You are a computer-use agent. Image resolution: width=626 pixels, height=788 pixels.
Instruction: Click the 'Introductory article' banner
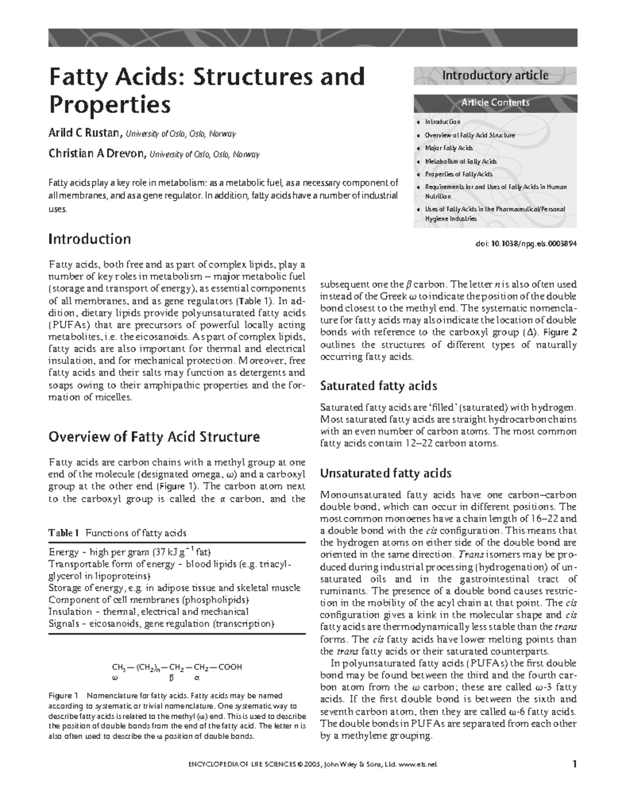click(x=495, y=76)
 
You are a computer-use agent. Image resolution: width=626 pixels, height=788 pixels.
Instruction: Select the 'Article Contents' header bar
click(x=495, y=103)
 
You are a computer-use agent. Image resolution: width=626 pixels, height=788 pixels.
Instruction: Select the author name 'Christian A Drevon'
click(x=98, y=153)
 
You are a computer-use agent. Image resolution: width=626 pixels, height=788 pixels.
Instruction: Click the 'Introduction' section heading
click(x=89, y=239)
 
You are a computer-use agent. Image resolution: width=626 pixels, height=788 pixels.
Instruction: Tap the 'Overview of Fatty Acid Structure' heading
click(x=154, y=437)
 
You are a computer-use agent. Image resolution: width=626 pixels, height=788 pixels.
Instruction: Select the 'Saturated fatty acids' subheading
click(x=378, y=386)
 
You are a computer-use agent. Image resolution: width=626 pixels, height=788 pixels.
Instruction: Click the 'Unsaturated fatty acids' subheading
click(x=386, y=474)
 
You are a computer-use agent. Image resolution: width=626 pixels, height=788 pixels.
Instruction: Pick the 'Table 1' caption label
click(x=64, y=533)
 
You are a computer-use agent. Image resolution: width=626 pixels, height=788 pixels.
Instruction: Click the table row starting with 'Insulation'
click(x=148, y=612)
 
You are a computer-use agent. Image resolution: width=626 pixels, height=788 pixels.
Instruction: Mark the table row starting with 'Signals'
click(x=161, y=624)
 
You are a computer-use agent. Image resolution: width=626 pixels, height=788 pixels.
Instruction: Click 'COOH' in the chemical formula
click(x=230, y=667)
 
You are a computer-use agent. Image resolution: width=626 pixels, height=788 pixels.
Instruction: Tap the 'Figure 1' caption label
click(x=63, y=696)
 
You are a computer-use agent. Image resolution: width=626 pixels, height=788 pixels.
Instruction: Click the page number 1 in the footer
click(x=574, y=765)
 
